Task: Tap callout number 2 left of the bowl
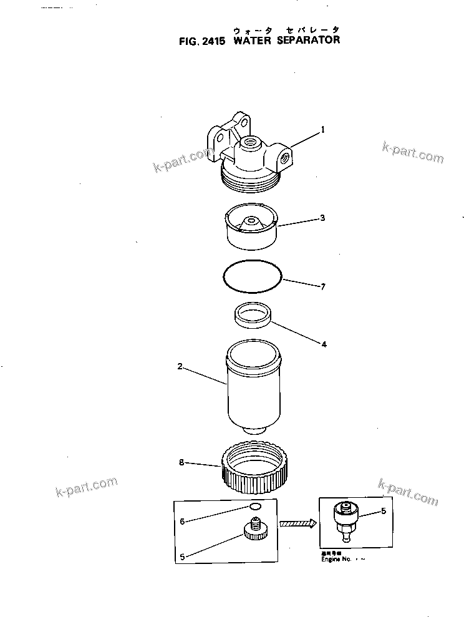[x=180, y=367]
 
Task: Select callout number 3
[x=322, y=218]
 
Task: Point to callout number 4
[x=323, y=343]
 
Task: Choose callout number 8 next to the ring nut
[x=181, y=463]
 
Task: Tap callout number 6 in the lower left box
[x=182, y=521]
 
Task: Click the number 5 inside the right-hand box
[x=383, y=511]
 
